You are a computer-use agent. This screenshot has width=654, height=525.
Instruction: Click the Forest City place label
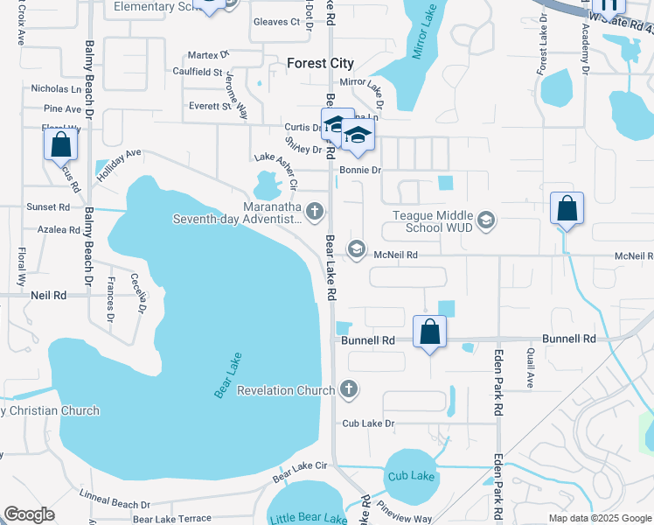[321, 63]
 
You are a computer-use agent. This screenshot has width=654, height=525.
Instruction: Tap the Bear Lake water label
[227, 375]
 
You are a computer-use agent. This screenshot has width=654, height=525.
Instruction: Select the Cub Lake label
[410, 475]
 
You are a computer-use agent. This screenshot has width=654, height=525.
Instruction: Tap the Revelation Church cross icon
[349, 389]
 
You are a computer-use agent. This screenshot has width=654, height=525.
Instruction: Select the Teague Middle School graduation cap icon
[487, 220]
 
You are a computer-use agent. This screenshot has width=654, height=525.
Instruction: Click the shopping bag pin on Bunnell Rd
[429, 332]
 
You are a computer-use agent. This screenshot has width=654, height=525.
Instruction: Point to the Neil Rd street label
[49, 296]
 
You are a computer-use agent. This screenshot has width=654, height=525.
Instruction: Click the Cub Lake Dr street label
[369, 423]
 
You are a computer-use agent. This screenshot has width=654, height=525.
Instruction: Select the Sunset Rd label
[48, 207]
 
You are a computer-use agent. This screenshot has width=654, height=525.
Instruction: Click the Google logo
[29, 514]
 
